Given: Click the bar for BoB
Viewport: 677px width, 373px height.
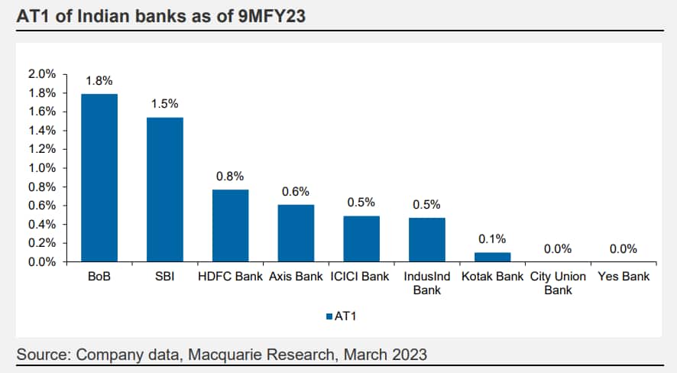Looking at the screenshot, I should point(99,178).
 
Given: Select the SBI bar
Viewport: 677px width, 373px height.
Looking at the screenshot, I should point(165,190).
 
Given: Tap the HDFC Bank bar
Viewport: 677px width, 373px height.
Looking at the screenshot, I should point(230,225).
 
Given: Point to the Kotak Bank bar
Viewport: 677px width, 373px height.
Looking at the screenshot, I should point(492,257).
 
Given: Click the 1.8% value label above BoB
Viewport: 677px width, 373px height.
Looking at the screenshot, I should point(99,79).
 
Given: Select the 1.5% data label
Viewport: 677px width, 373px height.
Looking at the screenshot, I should point(165,103).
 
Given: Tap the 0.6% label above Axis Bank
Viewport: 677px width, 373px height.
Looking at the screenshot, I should point(296,191).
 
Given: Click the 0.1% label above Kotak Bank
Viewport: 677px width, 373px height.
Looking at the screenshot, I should point(492,239).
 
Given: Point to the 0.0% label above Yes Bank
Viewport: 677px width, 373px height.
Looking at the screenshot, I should point(623,248).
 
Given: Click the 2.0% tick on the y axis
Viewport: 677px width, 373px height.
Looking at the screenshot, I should point(42,74).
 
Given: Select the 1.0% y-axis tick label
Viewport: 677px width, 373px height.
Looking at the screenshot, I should point(42,168).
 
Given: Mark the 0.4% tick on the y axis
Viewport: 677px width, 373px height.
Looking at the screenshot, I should point(42,225).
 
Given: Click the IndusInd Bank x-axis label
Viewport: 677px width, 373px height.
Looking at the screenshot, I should point(426,283).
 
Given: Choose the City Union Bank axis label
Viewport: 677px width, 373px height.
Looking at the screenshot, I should point(558,283).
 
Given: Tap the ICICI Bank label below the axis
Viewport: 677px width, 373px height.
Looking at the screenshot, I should point(361,276).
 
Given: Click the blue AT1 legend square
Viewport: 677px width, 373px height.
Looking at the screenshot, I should point(329,316).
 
